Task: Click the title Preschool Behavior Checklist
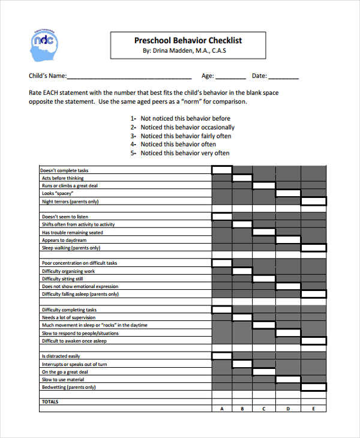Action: [188, 40]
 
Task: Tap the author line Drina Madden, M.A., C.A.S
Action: [184, 51]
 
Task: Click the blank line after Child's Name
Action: [129, 77]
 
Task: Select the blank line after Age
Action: [230, 77]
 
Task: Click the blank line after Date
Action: [283, 77]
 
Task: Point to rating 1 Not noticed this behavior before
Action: [181, 119]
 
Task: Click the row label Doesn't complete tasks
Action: [65, 170]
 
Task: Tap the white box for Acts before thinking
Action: [242, 178]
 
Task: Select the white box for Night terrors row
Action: [313, 202]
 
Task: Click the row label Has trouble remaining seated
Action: [72, 232]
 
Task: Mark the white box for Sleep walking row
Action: [313, 248]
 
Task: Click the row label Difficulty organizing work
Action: [68, 271]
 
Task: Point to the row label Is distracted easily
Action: [61, 356]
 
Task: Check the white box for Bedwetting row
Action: [313, 388]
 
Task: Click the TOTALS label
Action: [50, 401]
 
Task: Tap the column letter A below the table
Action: [222, 409]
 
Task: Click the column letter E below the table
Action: [313, 409]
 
